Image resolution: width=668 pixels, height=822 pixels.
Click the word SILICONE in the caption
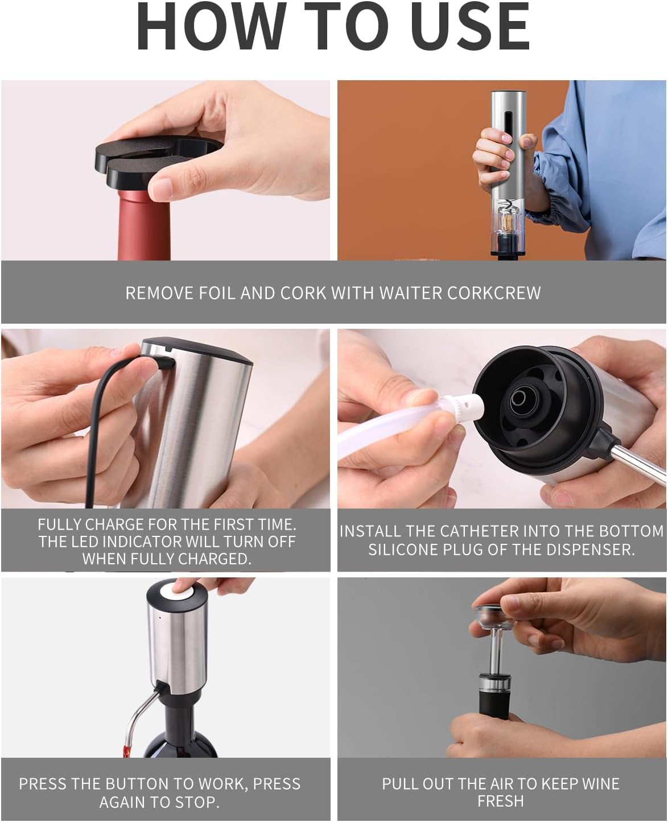tap(407, 550)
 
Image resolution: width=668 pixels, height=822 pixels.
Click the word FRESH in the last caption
tap(500, 801)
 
